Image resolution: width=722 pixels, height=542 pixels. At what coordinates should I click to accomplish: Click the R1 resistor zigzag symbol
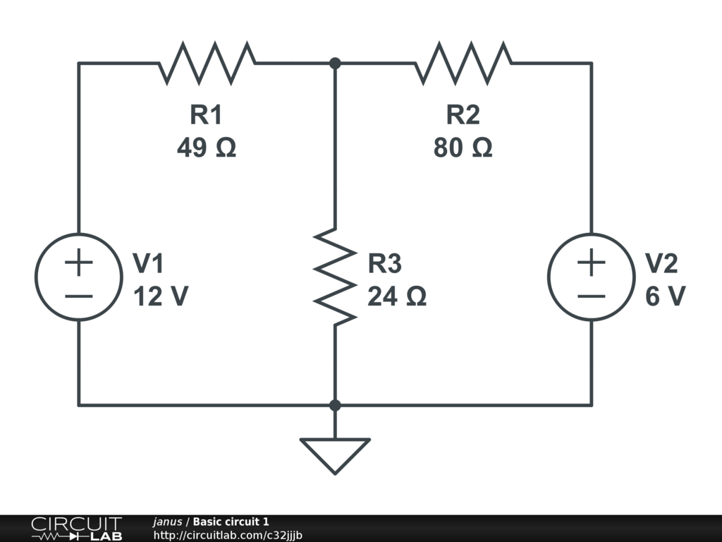point(207,63)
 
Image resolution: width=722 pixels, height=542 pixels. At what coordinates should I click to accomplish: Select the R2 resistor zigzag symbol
point(463,63)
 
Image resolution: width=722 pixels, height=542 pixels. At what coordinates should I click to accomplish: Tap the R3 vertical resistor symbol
point(335,277)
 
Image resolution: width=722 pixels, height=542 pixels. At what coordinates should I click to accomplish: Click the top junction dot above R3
point(335,63)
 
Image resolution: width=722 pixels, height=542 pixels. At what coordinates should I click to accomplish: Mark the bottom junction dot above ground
point(335,405)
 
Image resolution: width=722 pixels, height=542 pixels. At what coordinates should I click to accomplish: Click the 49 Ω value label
point(207,148)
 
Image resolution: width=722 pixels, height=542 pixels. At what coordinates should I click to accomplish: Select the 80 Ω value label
point(463,148)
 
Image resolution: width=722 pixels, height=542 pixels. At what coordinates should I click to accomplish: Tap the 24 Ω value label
point(397,296)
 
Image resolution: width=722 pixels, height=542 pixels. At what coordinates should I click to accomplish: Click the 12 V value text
point(161,296)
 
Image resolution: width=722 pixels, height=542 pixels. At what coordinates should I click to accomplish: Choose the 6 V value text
point(666,296)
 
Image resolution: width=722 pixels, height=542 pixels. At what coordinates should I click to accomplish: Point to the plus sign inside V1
point(79,263)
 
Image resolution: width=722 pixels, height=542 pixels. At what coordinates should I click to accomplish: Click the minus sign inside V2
point(592,296)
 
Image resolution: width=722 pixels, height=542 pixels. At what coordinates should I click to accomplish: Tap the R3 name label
point(384,264)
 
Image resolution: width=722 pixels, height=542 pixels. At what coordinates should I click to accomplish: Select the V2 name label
point(661,264)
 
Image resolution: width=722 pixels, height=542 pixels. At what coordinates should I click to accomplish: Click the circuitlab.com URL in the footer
point(228,535)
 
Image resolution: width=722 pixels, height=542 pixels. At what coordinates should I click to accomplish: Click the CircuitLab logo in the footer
point(76,529)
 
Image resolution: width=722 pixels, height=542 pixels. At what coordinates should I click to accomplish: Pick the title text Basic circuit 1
point(231,522)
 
